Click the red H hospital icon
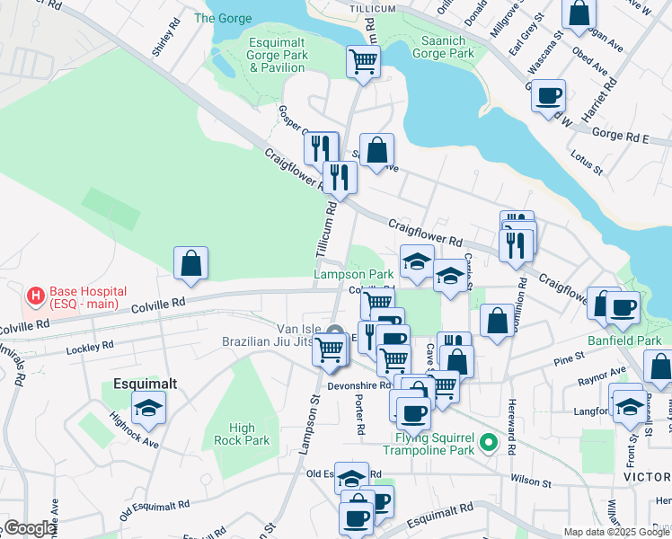[x=35, y=295]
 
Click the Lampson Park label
[x=353, y=273]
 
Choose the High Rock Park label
[x=242, y=434]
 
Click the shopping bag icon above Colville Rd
[x=190, y=262]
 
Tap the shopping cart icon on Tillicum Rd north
[x=364, y=62]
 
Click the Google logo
[x=30, y=528]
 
